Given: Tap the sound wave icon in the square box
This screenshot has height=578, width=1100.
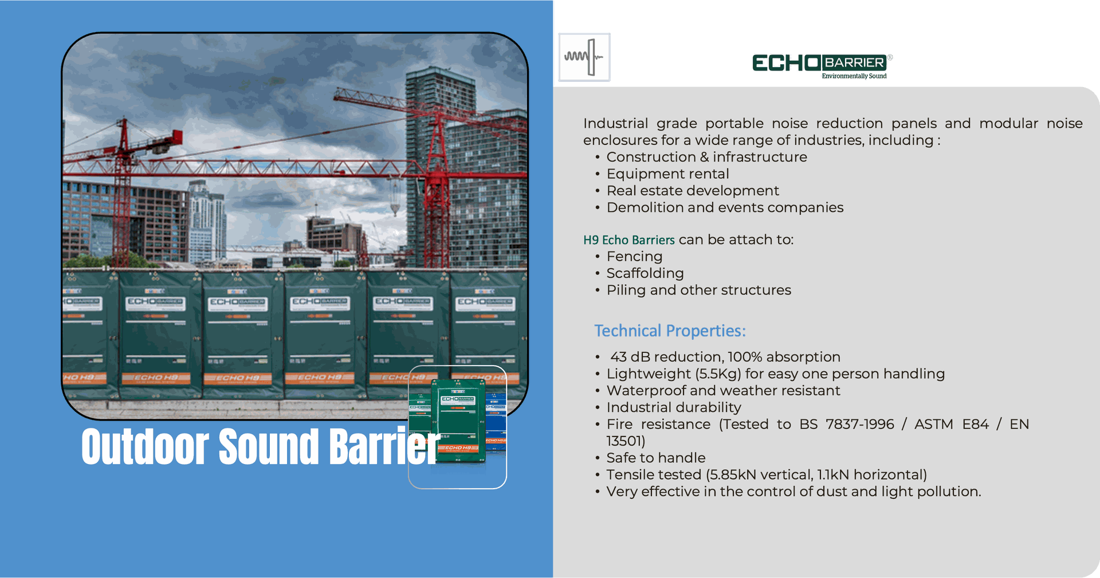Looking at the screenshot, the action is [584, 57].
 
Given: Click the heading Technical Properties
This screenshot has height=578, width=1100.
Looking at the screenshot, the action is [670, 331].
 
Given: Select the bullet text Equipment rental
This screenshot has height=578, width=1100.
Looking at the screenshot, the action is [667, 174].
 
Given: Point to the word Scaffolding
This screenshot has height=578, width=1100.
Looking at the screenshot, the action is [645, 273].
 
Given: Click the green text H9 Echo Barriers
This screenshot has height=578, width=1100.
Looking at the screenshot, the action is [629, 239].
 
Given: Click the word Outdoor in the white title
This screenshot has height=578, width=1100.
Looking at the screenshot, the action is [145, 447].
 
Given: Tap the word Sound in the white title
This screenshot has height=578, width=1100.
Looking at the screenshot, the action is [268, 447].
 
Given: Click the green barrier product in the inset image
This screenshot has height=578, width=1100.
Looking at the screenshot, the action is [458, 421].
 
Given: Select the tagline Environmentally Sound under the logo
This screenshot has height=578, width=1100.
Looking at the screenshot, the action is [854, 76].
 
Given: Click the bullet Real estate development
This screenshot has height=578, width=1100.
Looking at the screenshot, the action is [693, 191].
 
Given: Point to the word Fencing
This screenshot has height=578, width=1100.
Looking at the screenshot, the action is [634, 257].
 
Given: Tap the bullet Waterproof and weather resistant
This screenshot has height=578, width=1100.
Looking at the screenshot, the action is [723, 391].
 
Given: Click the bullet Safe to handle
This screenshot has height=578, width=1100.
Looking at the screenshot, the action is [656, 458].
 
